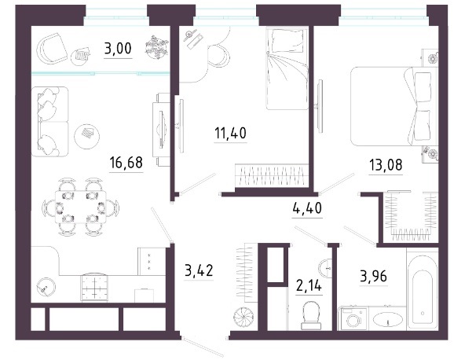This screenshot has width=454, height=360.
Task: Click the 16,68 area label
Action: pos(126,163)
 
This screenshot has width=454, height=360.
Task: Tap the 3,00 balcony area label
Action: pos(118,48)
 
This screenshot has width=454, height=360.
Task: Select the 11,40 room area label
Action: pos(230,133)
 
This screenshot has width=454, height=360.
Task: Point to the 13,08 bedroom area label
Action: pos(386,165)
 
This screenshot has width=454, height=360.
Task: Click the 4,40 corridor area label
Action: pos(307,208)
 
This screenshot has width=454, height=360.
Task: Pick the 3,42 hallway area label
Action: pos(199,270)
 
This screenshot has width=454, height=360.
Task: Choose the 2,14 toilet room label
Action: pos(309,286)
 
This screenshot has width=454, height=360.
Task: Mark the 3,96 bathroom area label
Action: pos(374,276)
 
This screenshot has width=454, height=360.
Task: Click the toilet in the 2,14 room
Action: pos(311,315)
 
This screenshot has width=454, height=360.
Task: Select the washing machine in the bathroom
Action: pos(353,319)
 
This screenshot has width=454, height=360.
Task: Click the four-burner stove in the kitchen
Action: pos(95,287)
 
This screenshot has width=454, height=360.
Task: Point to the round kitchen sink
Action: pos(46,287)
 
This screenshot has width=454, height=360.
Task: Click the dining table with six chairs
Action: pos(81,207)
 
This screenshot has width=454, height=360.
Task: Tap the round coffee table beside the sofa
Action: pos(87,134)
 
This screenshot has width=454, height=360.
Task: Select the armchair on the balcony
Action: pos(52,49)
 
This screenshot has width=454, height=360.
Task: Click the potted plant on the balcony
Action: pos(156,47)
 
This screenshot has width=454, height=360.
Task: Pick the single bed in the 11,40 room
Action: pos(287,68)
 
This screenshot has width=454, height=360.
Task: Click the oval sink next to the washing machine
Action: pos(387,320)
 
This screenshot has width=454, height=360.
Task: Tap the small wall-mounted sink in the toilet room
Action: pos(325,267)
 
